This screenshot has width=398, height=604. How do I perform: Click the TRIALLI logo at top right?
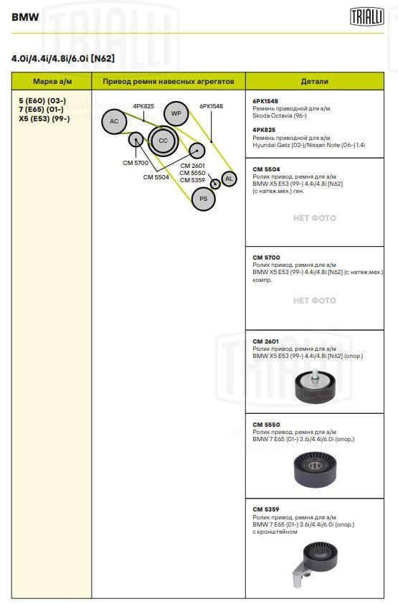[367, 16]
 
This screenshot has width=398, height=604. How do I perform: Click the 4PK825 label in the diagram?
[143, 106]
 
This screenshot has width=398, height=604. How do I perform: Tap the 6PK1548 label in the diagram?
[211, 106]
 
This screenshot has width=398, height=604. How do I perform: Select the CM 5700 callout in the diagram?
[136, 163]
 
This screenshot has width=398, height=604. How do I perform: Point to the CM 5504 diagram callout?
[156, 177]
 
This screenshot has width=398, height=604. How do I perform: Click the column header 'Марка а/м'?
[52, 81]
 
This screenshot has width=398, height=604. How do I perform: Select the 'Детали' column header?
[315, 81]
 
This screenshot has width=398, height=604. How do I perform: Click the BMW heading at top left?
[25, 17]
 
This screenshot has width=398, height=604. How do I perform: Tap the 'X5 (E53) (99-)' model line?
[44, 118]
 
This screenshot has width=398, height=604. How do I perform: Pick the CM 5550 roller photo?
[315, 471]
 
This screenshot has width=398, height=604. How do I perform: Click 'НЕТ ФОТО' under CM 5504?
[315, 218]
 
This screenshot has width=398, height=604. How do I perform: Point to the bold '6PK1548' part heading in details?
[265, 101]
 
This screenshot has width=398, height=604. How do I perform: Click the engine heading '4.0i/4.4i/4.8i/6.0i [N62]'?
[63, 59]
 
